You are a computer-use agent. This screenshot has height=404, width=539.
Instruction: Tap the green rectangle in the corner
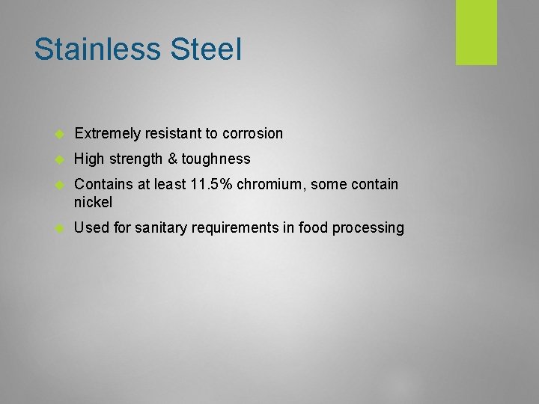[x=476, y=32]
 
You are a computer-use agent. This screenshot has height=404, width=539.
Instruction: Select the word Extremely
[x=108, y=134]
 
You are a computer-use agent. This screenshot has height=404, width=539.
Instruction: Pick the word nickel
[x=94, y=202]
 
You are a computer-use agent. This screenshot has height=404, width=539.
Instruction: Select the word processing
[x=370, y=227]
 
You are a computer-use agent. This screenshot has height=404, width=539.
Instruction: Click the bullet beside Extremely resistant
[x=61, y=135]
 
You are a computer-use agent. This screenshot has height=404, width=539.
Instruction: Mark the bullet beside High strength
[x=61, y=160]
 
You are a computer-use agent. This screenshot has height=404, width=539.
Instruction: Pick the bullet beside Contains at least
[x=61, y=185]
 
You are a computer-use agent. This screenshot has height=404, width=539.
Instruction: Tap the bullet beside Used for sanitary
[x=61, y=228]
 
